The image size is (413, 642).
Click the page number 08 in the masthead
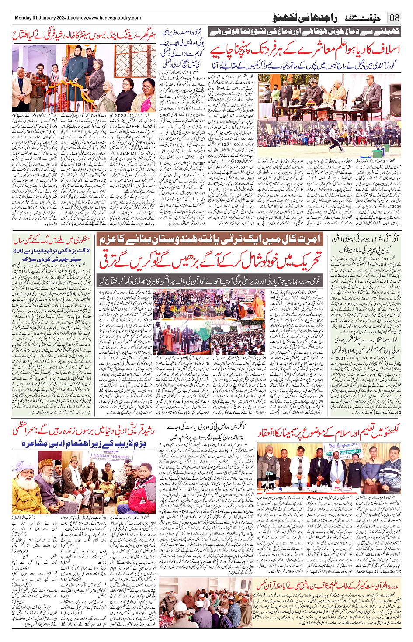pyautogui.click(x=394, y=18)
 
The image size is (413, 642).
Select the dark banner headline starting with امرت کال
pyautogui.click(x=210, y=239)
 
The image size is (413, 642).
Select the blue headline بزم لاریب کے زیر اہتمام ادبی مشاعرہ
pyautogui.click(x=83, y=444)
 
